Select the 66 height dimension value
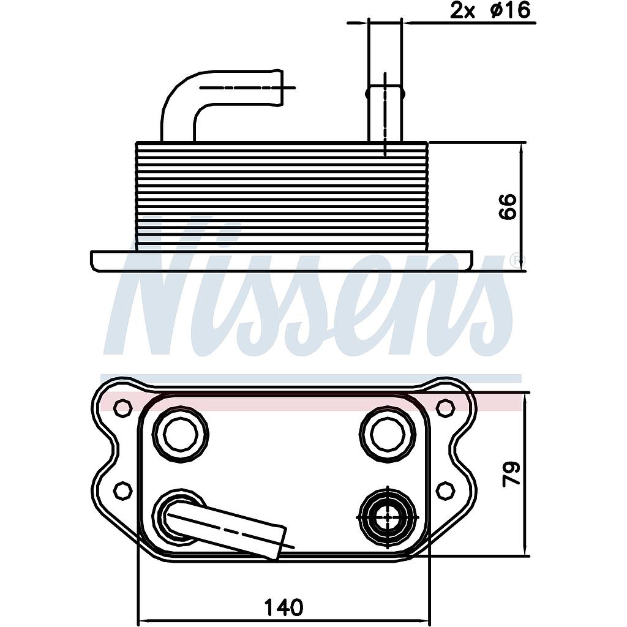point(508,206)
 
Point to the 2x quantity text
point(463,10)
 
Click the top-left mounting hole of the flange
point(123,407)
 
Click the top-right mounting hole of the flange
point(445,407)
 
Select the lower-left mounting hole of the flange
point(123,490)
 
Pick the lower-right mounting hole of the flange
point(445,490)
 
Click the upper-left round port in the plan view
point(181,434)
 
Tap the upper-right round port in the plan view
point(388,434)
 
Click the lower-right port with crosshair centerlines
point(388,517)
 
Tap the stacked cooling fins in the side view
point(282,196)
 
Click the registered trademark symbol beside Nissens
point(516,260)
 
